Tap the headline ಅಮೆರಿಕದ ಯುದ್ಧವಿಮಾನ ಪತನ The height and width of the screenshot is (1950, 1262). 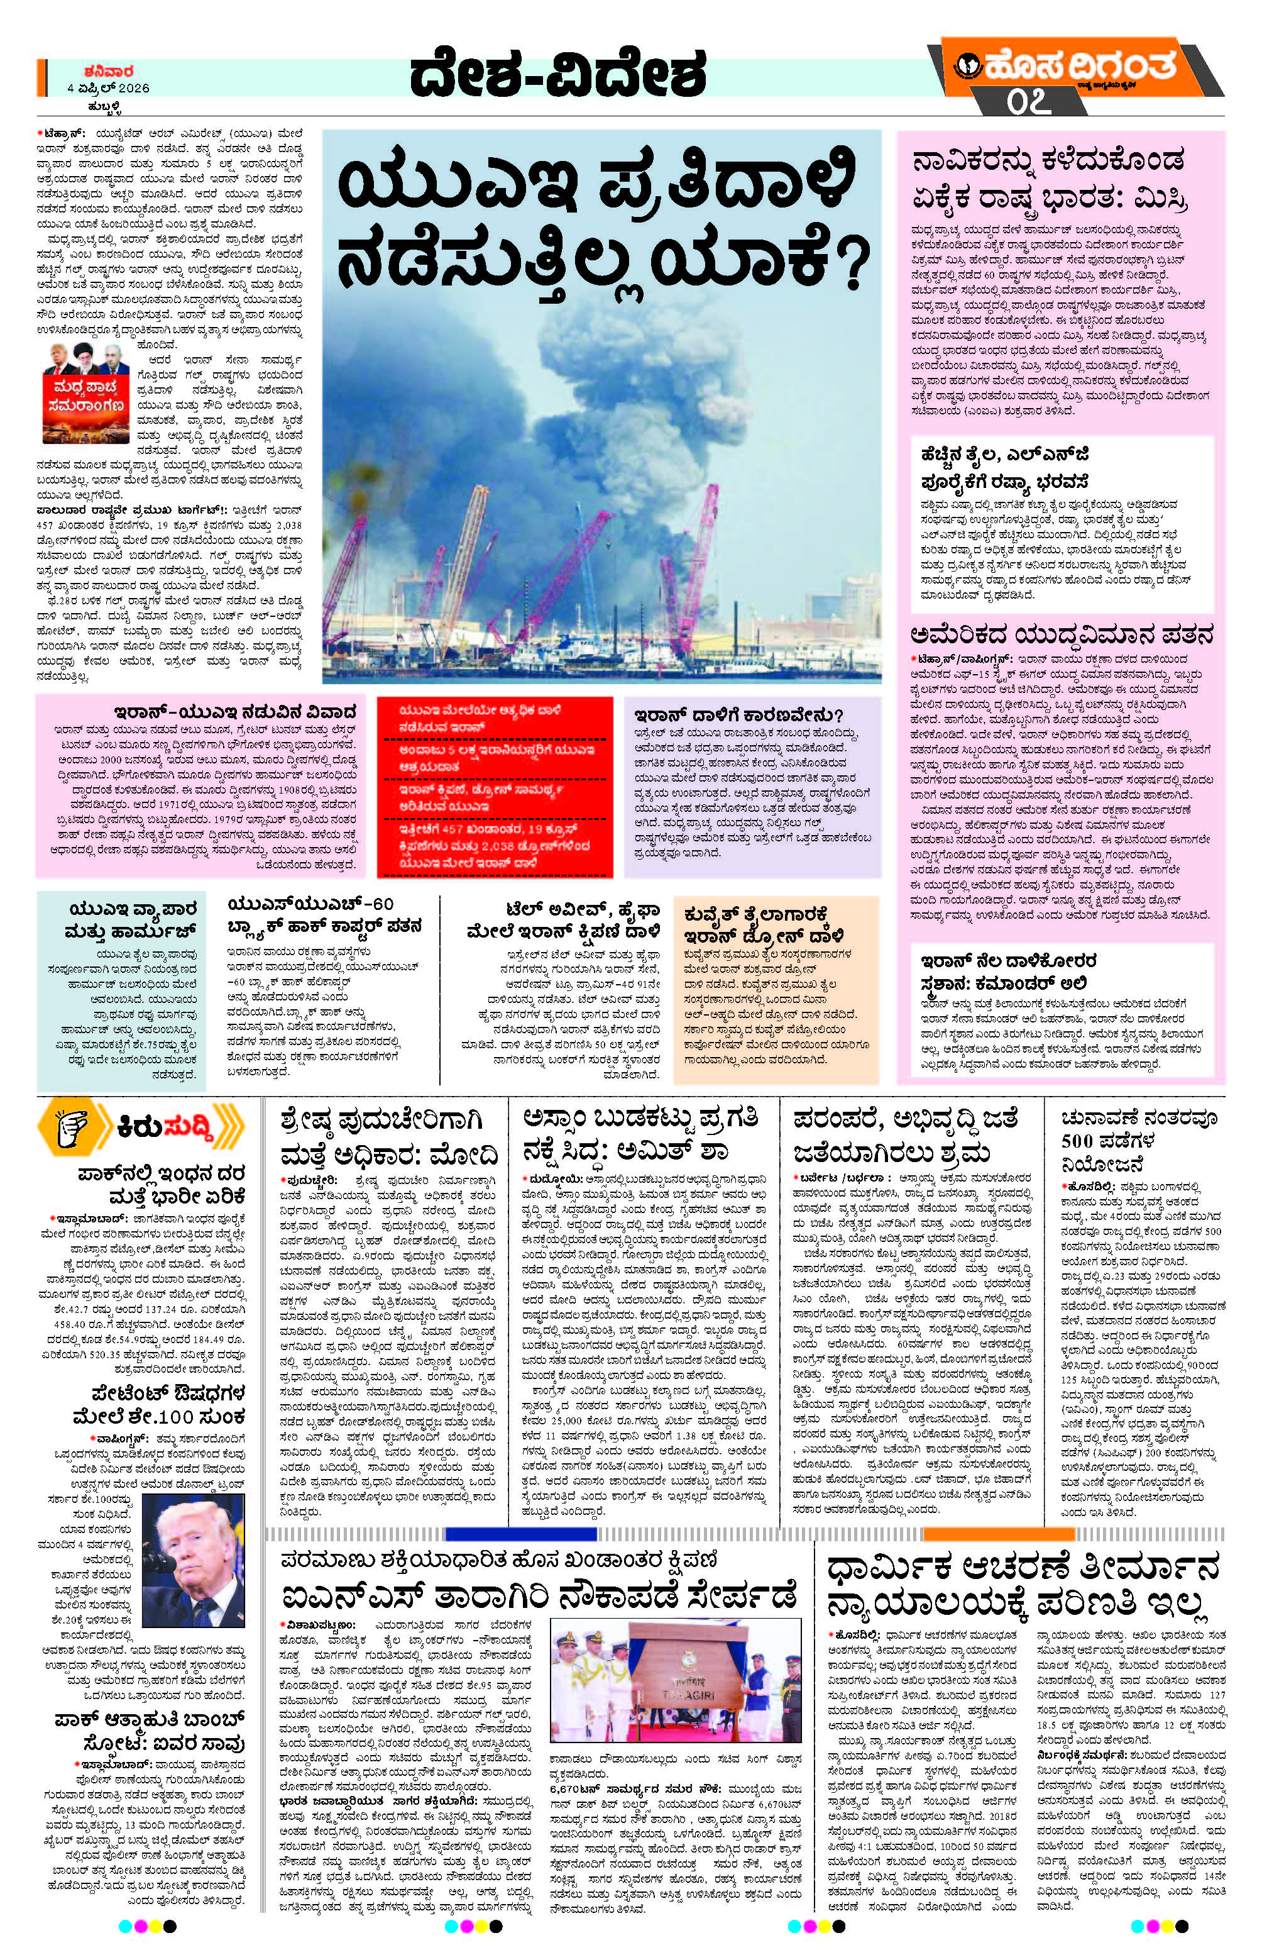1060,636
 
